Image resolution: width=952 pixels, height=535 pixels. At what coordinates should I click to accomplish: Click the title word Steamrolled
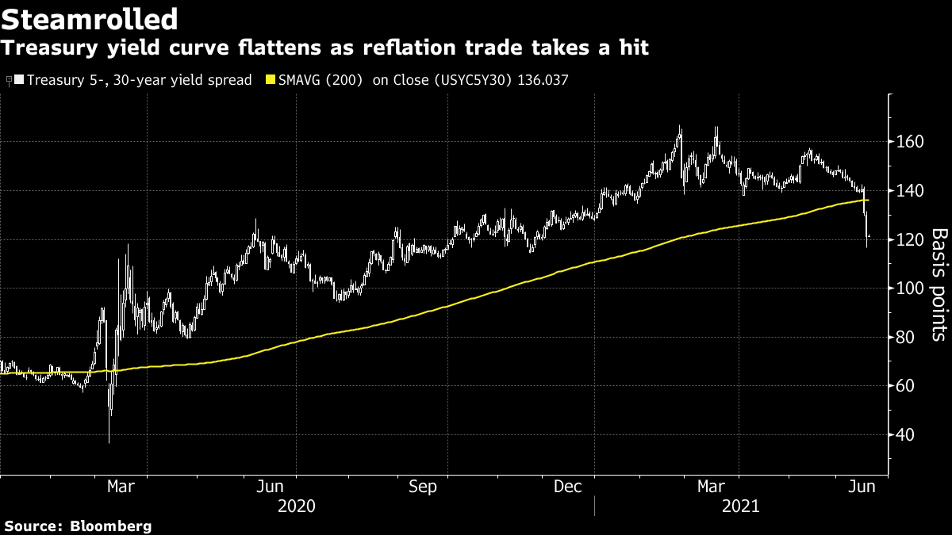click(89, 18)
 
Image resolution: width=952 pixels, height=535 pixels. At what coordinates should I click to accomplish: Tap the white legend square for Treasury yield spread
click(19, 80)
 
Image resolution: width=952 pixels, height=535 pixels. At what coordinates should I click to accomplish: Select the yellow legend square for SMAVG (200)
click(270, 80)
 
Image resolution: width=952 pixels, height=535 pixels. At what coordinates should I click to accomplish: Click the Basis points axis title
click(938, 285)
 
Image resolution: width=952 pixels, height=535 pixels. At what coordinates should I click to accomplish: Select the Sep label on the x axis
click(424, 487)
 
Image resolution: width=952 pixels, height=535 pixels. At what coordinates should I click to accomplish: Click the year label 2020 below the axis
click(297, 506)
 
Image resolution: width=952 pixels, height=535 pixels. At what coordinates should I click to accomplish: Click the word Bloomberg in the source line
click(111, 526)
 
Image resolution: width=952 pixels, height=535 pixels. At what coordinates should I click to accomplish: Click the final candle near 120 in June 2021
click(868, 236)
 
